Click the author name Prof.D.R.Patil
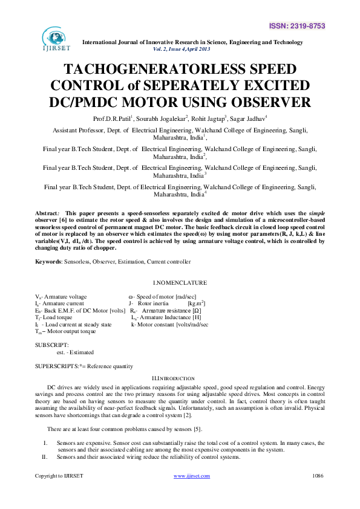[129, 118]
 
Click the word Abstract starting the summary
[47, 213]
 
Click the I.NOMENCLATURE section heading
[180, 282]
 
